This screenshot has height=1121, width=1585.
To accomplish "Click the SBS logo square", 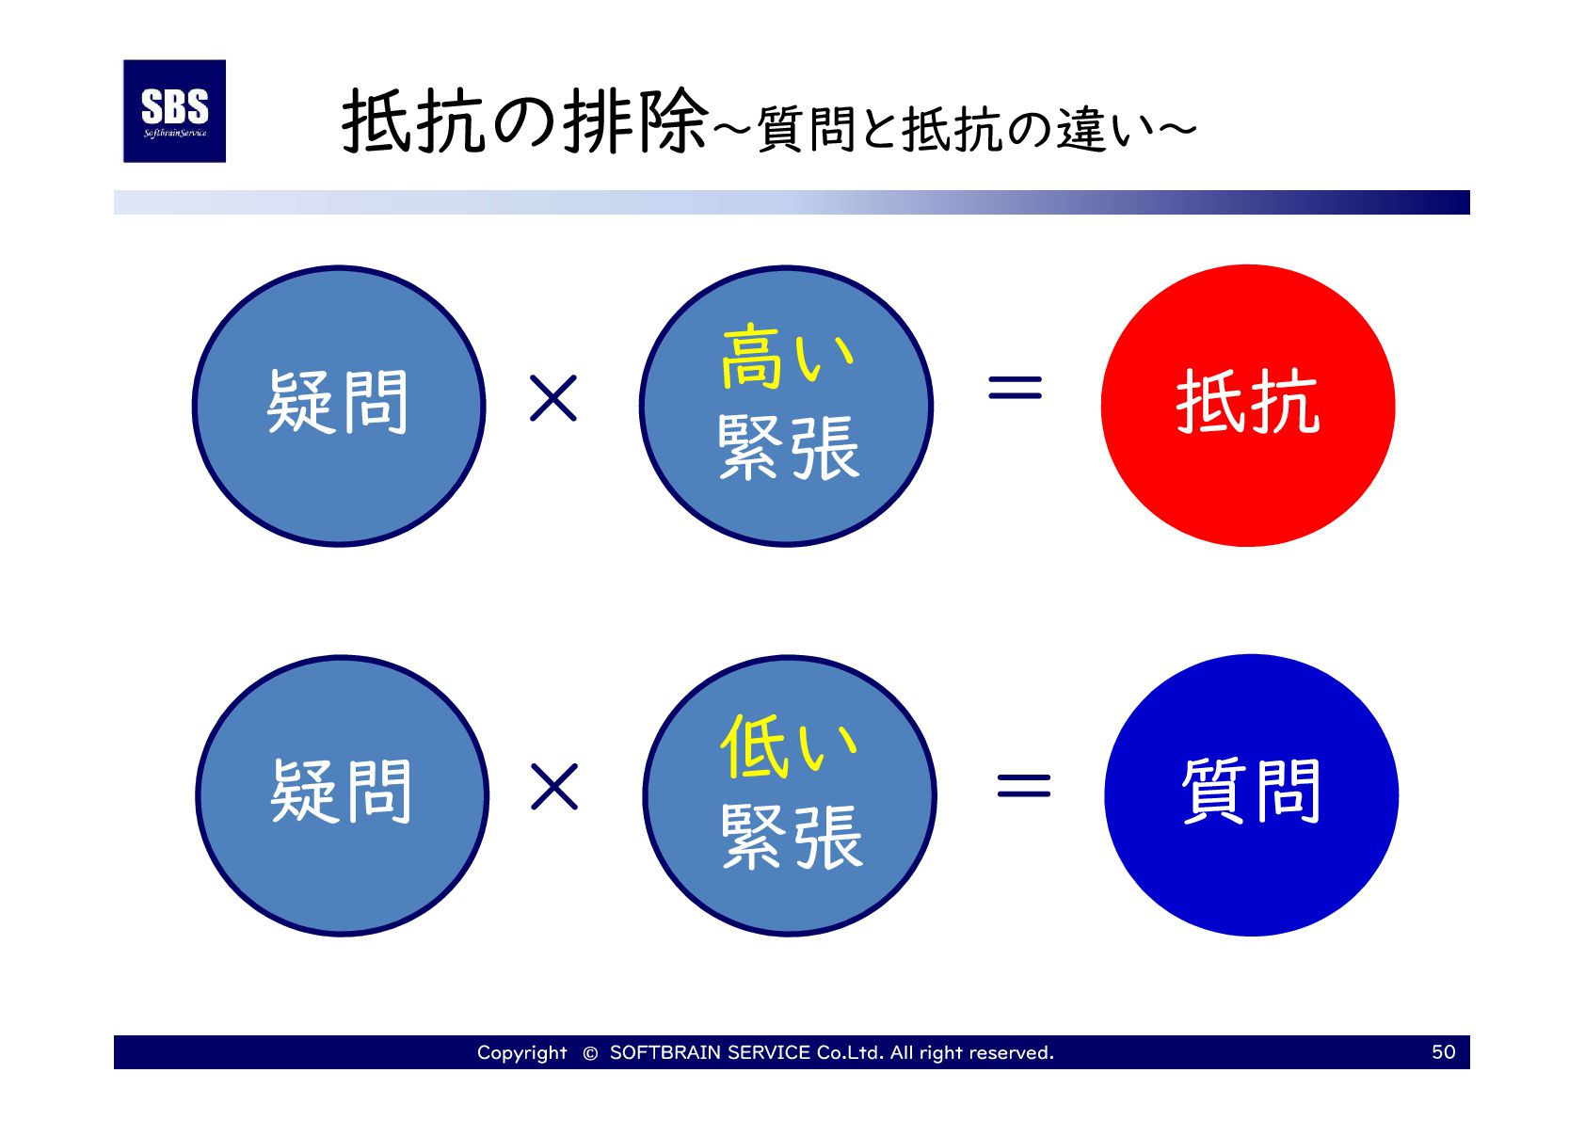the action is point(174,111).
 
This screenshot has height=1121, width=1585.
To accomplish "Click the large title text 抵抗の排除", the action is point(524,122).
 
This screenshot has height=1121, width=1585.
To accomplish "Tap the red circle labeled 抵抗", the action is point(1247,405).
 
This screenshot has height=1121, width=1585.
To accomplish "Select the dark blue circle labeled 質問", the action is point(1251,794).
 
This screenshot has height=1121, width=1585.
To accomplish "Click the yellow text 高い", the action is point(787,358).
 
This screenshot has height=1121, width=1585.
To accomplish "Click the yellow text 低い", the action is point(789,747).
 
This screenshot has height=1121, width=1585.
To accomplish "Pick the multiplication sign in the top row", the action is point(553,398).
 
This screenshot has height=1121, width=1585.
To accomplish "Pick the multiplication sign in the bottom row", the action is point(554,787).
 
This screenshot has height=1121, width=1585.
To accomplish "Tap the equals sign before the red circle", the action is point(1015,387).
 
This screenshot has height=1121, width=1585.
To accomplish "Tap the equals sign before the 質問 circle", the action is point(1023,785).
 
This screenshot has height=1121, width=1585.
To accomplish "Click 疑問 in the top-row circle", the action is point(338,403).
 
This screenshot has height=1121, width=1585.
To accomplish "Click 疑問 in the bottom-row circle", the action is point(341,793).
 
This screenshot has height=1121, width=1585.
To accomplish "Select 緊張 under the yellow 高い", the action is point(789,448).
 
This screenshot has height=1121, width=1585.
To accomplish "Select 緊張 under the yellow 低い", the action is point(792,837).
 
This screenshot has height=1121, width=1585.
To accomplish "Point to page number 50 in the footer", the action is point(1443,1051).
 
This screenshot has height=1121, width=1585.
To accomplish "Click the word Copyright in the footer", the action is point(521,1052).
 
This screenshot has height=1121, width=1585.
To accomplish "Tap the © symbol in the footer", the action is point(590,1053).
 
